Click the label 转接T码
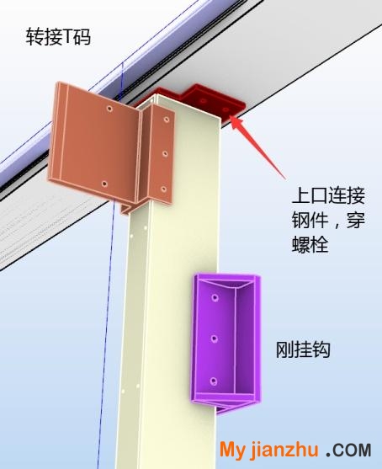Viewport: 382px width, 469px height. (x=58, y=36)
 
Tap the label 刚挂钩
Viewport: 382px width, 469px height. (x=303, y=349)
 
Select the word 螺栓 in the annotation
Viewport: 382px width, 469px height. (x=310, y=244)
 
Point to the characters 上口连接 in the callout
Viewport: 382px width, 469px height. (x=328, y=195)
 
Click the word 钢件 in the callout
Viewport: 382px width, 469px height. (x=310, y=220)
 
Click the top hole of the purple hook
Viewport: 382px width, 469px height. (x=215, y=297)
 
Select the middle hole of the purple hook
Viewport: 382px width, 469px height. (x=214, y=338)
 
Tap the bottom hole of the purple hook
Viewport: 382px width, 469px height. (x=214, y=381)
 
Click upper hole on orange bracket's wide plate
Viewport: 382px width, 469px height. (x=109, y=109)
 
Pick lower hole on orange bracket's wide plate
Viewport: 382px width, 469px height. (x=104, y=184)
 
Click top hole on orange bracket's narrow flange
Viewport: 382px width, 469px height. (x=167, y=120)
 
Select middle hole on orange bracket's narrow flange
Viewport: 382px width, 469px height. (x=165, y=154)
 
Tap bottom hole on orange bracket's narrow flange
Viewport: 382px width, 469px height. (x=163, y=189)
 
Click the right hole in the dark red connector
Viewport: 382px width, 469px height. (x=226, y=109)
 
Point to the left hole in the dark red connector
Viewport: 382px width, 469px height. (x=204, y=101)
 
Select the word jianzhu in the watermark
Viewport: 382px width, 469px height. (x=284, y=450)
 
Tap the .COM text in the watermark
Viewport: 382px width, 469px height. (x=348, y=450)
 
